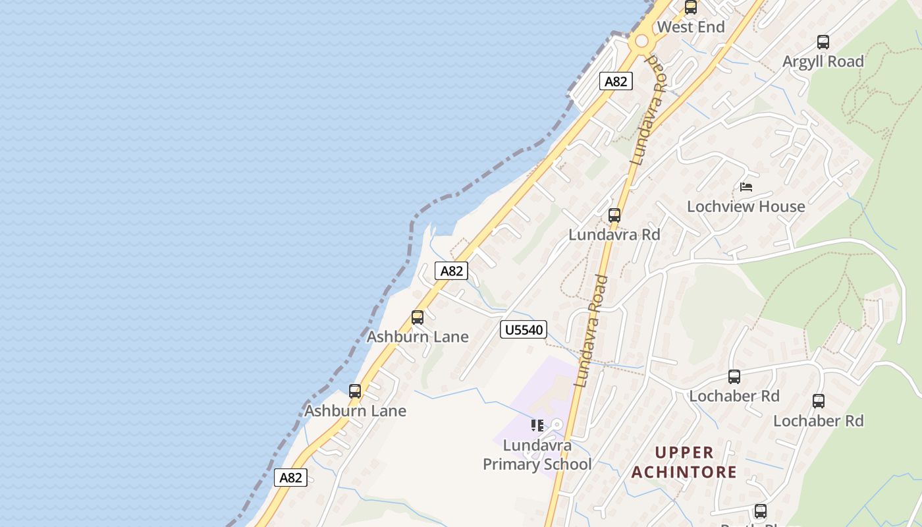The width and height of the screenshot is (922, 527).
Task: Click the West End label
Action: [690, 27]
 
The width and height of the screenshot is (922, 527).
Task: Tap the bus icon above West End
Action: [691, 8]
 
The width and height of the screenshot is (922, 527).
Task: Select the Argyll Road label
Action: [823, 61]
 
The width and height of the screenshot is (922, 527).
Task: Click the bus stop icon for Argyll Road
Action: [823, 42]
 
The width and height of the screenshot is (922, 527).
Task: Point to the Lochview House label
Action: [746, 206]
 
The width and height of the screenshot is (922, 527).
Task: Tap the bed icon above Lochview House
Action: [746, 187]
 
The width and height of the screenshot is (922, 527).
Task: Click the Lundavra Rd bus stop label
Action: [614, 235]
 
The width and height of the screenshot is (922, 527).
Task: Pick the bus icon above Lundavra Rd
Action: [614, 215]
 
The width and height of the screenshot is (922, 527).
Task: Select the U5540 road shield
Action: [524, 329]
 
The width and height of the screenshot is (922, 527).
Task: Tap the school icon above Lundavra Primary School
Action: [537, 426]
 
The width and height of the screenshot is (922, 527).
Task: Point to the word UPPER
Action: [685, 453]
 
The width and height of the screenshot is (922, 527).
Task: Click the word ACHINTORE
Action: [684, 472]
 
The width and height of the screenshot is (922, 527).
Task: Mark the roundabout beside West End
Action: [641, 41]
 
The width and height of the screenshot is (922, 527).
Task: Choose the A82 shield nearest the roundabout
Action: [616, 81]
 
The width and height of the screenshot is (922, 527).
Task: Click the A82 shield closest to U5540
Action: [451, 271]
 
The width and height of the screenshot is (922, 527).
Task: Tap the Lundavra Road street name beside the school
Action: [591, 331]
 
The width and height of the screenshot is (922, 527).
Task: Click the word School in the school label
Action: [568, 464]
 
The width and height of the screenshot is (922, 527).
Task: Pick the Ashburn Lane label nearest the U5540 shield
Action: [418, 337]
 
